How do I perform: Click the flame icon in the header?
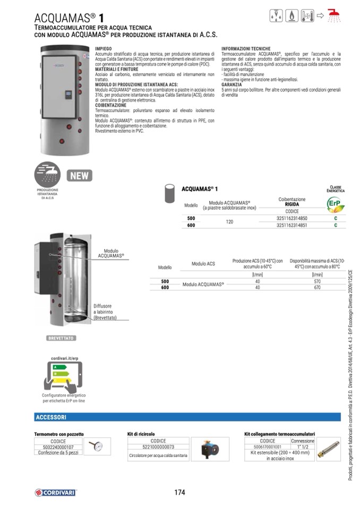(291, 16)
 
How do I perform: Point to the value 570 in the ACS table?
(318, 281)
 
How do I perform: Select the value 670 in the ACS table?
(318, 287)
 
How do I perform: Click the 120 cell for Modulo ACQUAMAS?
(229, 221)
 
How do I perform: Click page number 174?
(179, 492)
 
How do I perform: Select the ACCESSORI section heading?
(51, 417)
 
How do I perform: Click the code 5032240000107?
(58, 447)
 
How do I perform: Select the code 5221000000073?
(158, 447)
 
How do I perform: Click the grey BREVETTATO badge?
(61, 338)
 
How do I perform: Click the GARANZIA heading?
(232, 84)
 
